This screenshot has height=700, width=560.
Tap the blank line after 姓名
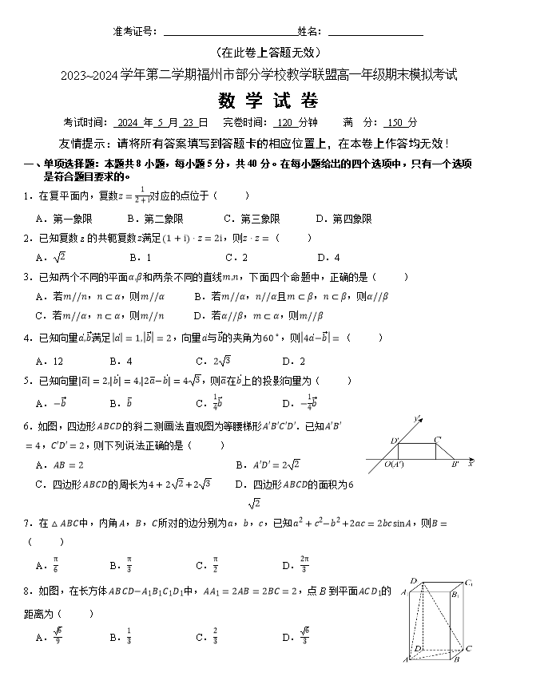[375, 34]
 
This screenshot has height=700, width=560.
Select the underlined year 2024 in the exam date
[128, 123]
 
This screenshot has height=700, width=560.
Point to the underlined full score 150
[395, 123]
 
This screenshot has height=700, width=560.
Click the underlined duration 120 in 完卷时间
[284, 123]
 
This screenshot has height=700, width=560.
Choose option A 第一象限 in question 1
[65, 219]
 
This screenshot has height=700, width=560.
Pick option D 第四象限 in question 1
[344, 219]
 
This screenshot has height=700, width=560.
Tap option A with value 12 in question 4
[50, 361]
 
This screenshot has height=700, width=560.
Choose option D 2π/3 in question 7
[296, 565]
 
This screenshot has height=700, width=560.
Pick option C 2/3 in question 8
[209, 637]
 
